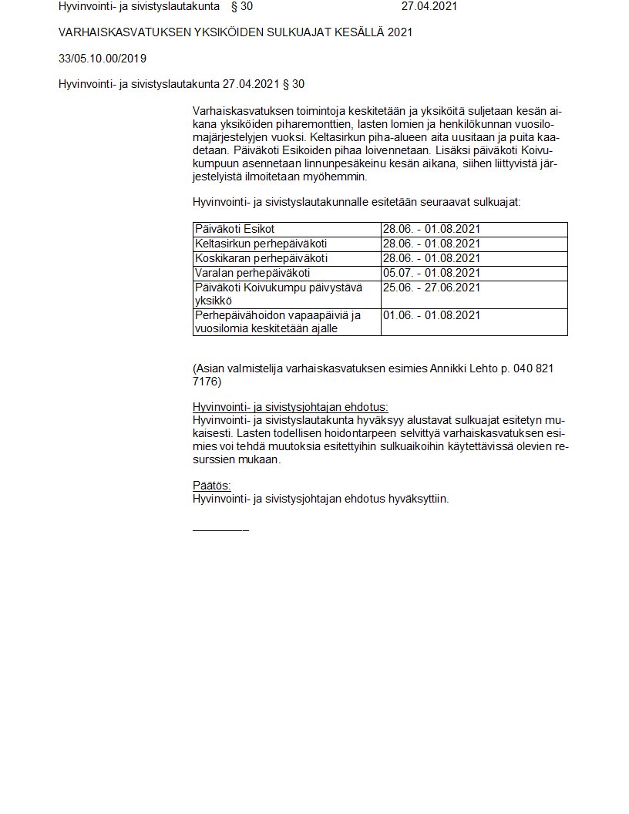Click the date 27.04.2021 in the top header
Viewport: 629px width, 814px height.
[429, 6]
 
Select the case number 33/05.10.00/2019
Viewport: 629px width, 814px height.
[103, 58]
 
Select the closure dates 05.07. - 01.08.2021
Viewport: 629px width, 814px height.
[431, 273]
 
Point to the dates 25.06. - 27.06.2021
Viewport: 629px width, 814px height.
[431, 288]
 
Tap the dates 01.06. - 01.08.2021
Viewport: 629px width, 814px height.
[431, 315]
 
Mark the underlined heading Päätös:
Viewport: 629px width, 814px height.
[211, 486]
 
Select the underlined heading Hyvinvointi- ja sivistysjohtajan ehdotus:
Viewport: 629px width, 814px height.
[290, 406]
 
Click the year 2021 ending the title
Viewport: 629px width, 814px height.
[399, 32]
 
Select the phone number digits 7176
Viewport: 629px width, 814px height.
[207, 382]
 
